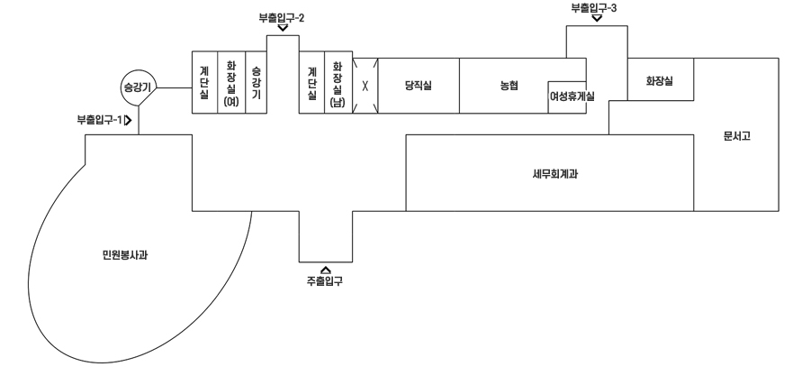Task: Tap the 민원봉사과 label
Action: pyautogui.click(x=125, y=255)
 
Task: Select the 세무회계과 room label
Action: pyautogui.click(x=548, y=175)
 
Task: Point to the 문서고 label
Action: pyautogui.click(x=736, y=137)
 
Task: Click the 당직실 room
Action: pyautogui.click(x=419, y=87)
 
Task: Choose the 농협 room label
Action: pyautogui.click(x=510, y=87)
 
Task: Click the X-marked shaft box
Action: pyautogui.click(x=365, y=87)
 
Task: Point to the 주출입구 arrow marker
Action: pyautogui.click(x=325, y=268)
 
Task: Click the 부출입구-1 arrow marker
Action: pyautogui.click(x=130, y=118)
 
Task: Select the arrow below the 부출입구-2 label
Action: pyautogui.click(x=283, y=28)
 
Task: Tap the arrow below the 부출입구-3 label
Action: pyautogui.click(x=596, y=18)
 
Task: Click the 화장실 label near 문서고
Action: pyautogui.click(x=659, y=81)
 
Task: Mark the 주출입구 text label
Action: pyautogui.click(x=325, y=280)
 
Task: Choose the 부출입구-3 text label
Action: pyautogui.click(x=594, y=7)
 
